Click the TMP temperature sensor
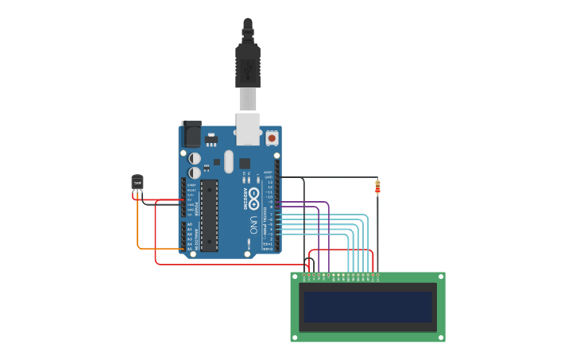click(x=137, y=183)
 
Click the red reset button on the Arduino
click(x=272, y=137)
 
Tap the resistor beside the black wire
click(x=377, y=188)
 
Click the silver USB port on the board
click(x=248, y=128)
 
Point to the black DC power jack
click(x=191, y=134)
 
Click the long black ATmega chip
click(x=209, y=215)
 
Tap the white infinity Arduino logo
click(x=253, y=194)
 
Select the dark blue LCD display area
click(x=368, y=307)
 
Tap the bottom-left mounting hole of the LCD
click(x=296, y=337)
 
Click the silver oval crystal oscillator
click(x=229, y=161)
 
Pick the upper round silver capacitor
click(x=195, y=158)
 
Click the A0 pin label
click(x=189, y=225)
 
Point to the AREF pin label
click(x=268, y=172)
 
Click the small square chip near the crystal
click(x=245, y=163)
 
